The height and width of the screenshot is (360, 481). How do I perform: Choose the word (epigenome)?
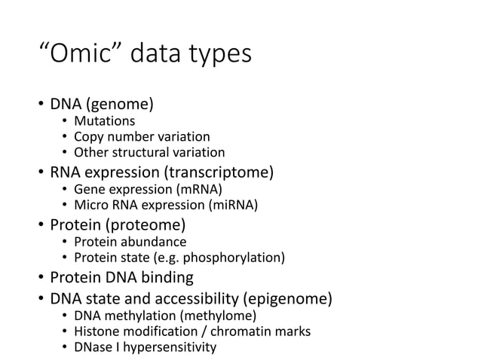[x=291, y=299]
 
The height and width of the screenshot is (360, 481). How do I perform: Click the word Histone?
[x=96, y=331]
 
